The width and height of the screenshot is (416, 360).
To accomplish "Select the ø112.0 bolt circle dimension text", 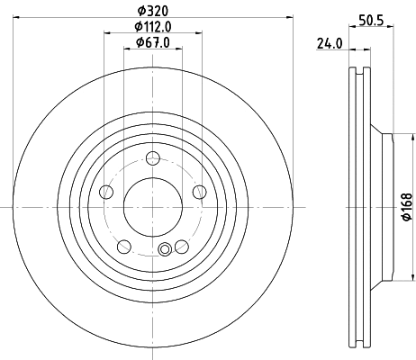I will [x=152, y=25].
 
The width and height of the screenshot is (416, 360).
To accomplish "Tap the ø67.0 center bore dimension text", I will [x=152, y=41].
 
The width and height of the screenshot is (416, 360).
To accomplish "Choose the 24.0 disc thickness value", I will [x=329, y=42].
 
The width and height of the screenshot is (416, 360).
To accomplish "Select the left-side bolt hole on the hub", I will [x=106, y=192].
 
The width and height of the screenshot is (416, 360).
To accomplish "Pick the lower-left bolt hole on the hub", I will [x=124, y=246].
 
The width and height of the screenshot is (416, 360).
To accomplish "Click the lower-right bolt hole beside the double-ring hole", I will [x=181, y=246].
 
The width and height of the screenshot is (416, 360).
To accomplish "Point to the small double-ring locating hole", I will [x=165, y=251].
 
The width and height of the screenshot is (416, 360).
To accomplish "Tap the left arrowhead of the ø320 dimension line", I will [x=18, y=17].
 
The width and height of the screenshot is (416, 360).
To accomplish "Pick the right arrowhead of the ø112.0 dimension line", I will [x=199, y=33].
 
